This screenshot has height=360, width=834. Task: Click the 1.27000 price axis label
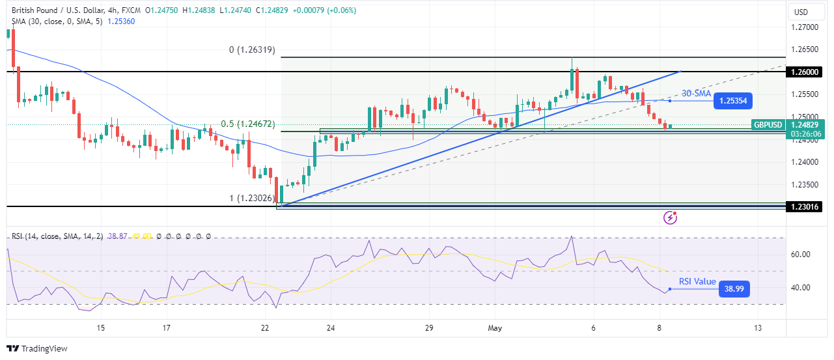pyautogui.click(x=805, y=27)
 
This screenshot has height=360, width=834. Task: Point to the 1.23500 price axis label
pyautogui.click(x=805, y=184)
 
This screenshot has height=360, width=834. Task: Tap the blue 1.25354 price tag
pyautogui.click(x=732, y=101)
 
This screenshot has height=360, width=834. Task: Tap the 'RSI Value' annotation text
pyautogui.click(x=697, y=282)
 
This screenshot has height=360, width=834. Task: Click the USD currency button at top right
pyautogui.click(x=801, y=12)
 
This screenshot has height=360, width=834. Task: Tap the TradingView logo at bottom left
pyautogui.click(x=37, y=348)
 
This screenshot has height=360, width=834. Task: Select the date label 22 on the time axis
pyautogui.click(x=264, y=328)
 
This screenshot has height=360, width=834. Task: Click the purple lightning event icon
pyautogui.click(x=670, y=217)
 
